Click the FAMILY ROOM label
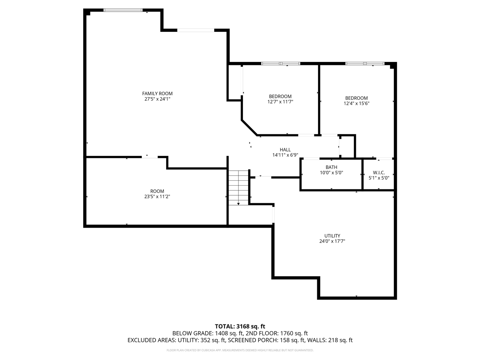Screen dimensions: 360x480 157,93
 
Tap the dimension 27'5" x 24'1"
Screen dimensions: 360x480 157,99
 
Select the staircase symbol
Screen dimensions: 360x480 238,187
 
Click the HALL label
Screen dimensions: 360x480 285,150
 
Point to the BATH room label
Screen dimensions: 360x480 331,167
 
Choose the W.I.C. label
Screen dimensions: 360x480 379,172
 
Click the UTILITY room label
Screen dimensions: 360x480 332,236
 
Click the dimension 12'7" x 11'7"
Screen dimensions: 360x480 280,102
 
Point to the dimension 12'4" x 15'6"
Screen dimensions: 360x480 357,103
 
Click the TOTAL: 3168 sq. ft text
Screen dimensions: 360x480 240,326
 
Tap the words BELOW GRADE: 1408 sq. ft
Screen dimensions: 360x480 208,333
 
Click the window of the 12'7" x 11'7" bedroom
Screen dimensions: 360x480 280,63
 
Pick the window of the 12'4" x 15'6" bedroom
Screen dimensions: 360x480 365,63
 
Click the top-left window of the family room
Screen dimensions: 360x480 123,10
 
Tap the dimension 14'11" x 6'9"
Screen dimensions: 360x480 285,155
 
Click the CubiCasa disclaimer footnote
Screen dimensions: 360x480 240,350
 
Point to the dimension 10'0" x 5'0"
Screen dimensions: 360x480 331,173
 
